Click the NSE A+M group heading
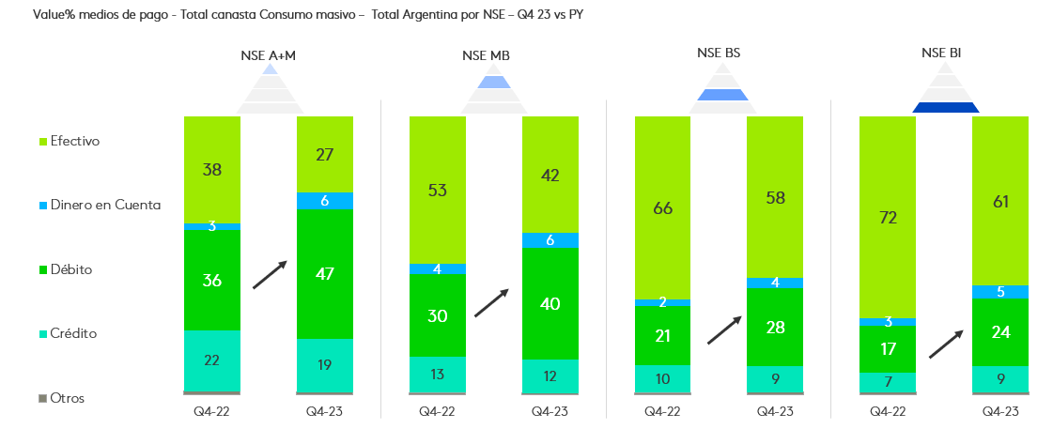tap(269, 55)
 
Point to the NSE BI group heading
tap(941, 54)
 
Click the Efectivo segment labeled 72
tap(888, 217)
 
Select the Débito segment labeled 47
tap(325, 274)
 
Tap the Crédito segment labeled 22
tap(212, 360)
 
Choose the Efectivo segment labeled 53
tap(437, 190)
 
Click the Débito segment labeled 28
tap(775, 327)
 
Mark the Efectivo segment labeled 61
tap(1000, 200)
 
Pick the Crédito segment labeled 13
tap(437, 374)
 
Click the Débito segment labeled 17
tap(888, 349)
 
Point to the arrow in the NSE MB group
tap(491, 302)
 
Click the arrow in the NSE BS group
tap(724, 329)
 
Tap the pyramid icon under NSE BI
tap(946, 95)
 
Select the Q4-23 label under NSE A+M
tap(325, 411)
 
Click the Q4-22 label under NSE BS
tap(662, 411)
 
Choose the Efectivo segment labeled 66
tap(662, 207)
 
